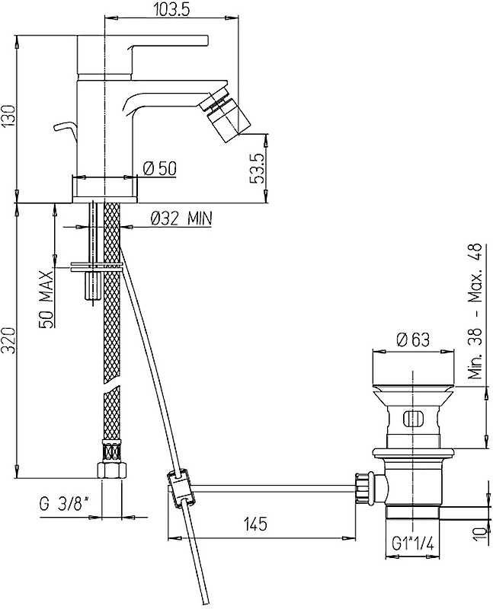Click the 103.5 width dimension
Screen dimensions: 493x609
point(171,9)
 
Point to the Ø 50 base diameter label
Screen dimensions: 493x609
point(160,168)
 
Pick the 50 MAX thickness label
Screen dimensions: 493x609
point(46,299)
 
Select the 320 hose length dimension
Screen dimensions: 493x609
point(8,340)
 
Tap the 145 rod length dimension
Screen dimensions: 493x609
point(255,524)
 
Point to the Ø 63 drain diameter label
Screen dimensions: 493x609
point(413,340)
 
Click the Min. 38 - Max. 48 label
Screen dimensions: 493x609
point(475,311)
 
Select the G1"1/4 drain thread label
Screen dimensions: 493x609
point(412,544)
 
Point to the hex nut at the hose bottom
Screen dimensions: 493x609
point(111,470)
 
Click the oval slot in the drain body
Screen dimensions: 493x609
point(412,419)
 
